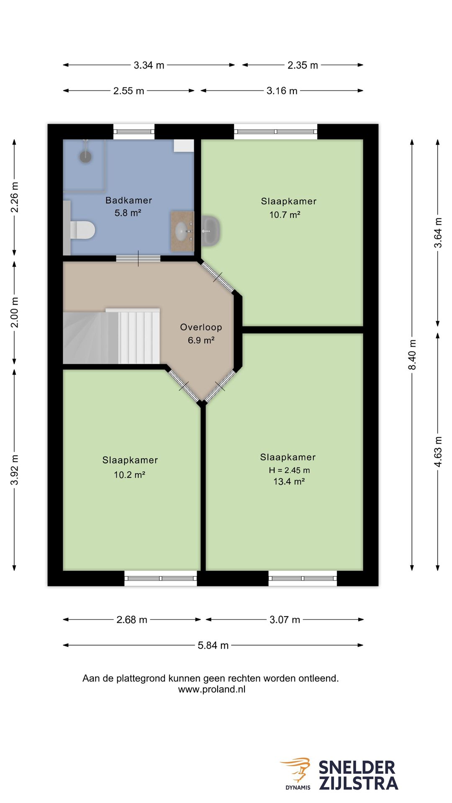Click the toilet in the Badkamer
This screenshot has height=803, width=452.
tap(82, 230)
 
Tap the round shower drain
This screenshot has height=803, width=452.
tap(85, 157)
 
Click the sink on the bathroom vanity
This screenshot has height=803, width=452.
tap(181, 231)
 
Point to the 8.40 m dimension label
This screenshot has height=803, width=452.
tap(412, 355)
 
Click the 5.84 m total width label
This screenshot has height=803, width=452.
tap(213, 645)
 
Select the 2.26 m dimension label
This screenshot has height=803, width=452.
tap(14, 197)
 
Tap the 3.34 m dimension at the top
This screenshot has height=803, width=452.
tap(149, 65)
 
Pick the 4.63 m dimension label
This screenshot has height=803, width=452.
tap(438, 452)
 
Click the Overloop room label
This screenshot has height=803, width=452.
tap(201, 327)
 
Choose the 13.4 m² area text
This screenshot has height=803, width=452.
tap(289, 481)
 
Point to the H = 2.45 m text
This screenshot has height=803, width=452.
tap(289, 470)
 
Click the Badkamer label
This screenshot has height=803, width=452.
tap(128, 200)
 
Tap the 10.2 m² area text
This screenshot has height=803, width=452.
tap(129, 475)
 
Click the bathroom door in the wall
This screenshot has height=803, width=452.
tap(138, 258)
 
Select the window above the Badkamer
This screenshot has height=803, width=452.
tap(134, 132)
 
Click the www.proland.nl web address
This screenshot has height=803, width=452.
tap(212, 689)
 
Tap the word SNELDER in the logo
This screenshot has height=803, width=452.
tap(357, 768)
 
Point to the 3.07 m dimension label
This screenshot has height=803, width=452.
tap(285, 620)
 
